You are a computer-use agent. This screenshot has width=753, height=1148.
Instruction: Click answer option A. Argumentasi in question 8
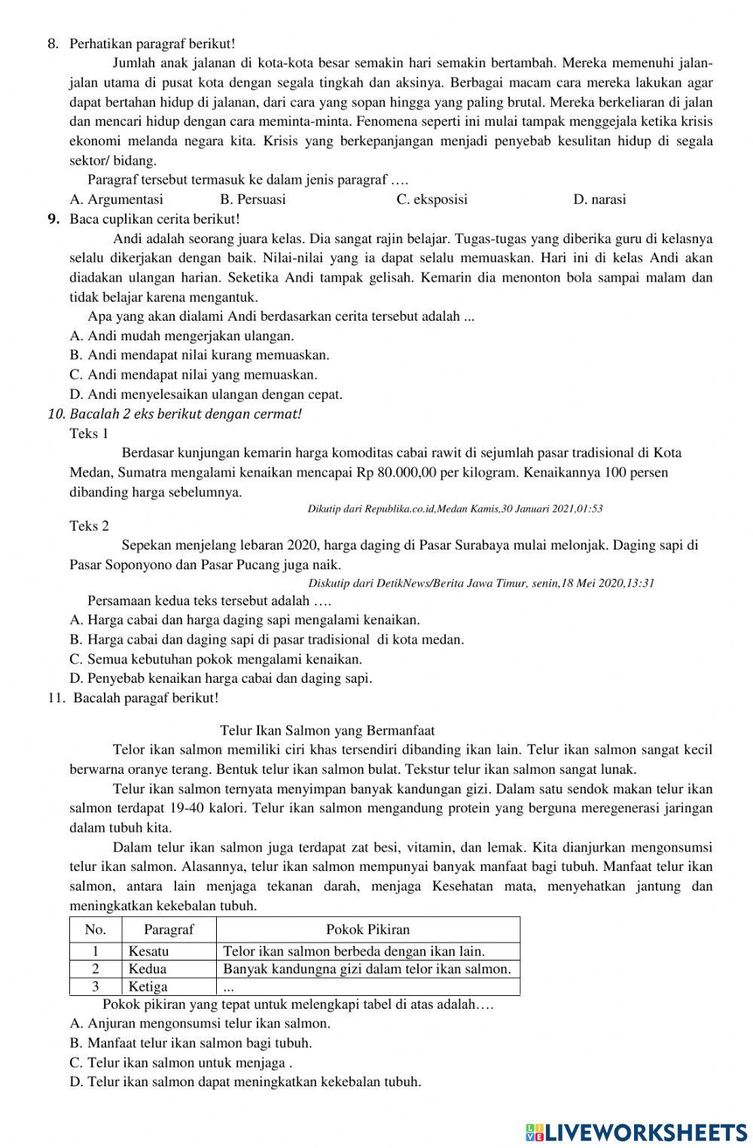click(x=116, y=199)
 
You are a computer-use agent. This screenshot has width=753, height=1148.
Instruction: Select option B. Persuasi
click(x=252, y=199)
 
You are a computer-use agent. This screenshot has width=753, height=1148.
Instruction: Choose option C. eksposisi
click(x=431, y=199)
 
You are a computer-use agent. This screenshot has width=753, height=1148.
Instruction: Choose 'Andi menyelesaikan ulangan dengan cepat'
click(x=206, y=394)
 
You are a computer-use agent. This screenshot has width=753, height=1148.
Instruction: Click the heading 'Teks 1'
click(x=89, y=433)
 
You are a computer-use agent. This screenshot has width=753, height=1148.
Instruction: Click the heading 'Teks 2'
click(x=89, y=525)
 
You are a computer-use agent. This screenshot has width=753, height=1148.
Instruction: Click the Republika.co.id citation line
click(x=455, y=509)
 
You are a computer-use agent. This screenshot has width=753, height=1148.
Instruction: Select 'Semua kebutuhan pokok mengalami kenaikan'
click(x=215, y=659)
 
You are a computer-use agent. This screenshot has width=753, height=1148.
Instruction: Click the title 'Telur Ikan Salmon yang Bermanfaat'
click(x=327, y=730)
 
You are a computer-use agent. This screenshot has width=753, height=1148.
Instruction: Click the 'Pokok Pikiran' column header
click(x=367, y=930)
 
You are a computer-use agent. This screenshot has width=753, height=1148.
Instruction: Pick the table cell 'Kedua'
click(x=148, y=969)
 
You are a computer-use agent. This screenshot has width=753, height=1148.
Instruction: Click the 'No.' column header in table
click(x=96, y=930)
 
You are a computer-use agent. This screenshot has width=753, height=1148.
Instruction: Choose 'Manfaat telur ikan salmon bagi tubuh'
click(x=191, y=1043)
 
